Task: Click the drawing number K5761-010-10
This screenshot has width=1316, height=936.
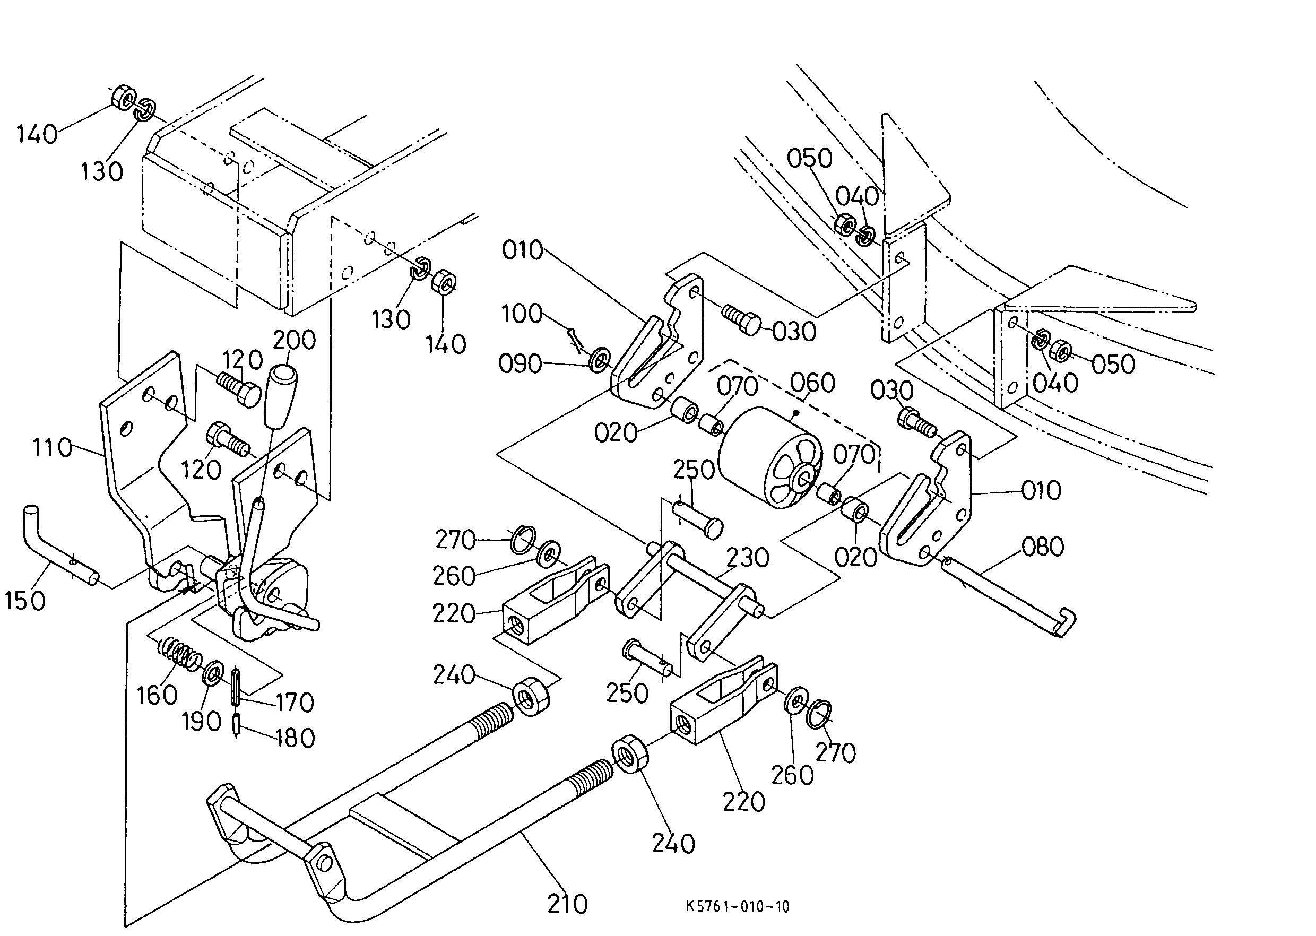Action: point(737,907)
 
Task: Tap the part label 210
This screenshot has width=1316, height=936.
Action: point(567,904)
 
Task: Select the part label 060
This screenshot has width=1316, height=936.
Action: point(813,383)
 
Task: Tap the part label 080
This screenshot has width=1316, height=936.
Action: point(1043,547)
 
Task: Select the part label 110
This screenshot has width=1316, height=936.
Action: point(52,448)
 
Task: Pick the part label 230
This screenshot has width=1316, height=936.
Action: point(748,558)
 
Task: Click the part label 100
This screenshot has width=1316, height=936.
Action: point(522,314)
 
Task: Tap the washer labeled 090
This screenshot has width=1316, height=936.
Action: point(601,359)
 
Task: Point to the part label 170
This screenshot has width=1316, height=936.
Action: point(295,703)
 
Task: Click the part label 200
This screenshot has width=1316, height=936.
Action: point(294,340)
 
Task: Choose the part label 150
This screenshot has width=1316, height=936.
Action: point(25,601)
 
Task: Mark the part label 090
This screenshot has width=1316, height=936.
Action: point(520,364)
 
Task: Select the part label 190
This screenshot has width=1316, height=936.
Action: point(202,722)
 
